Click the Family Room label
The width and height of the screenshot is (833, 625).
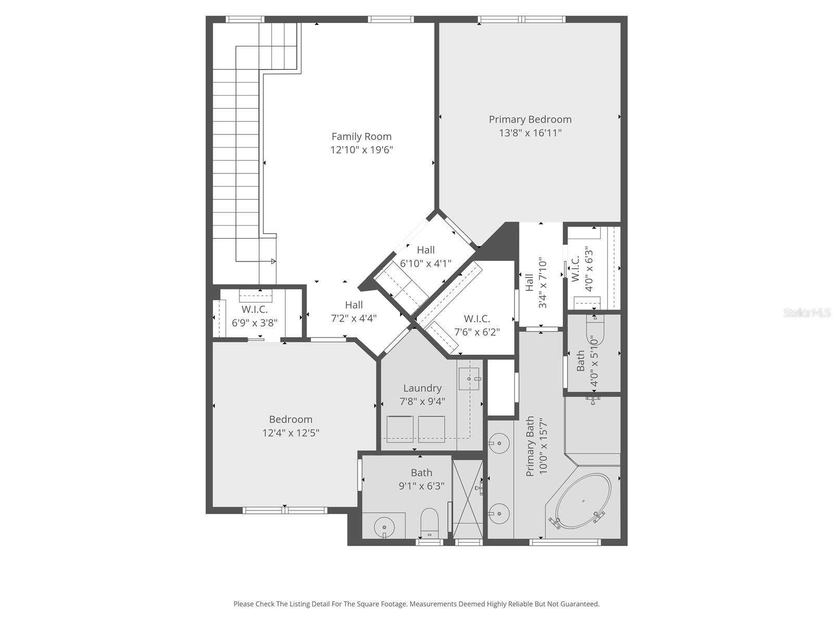[361, 136]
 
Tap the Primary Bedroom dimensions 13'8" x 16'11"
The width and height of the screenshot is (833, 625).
[530, 133]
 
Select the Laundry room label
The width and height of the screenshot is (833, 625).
[422, 388]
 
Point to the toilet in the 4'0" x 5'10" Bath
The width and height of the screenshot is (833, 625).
[595, 332]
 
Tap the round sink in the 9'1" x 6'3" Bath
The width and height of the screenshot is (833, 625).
[384, 527]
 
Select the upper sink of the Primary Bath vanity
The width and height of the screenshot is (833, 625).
[499, 443]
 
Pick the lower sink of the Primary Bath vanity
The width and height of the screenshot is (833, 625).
[499, 514]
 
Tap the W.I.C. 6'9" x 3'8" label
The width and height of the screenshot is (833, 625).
[255, 309]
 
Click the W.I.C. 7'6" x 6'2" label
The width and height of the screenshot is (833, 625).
[477, 319]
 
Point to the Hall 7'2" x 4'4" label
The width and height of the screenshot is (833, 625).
[354, 305]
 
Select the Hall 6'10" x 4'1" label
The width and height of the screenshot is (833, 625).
[425, 250]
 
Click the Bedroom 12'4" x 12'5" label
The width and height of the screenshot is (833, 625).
[291, 419]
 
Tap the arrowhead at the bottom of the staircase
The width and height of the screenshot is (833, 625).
[273, 261]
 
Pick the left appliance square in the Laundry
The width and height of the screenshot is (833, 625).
[399, 429]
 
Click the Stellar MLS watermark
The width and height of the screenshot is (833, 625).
[807, 312]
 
